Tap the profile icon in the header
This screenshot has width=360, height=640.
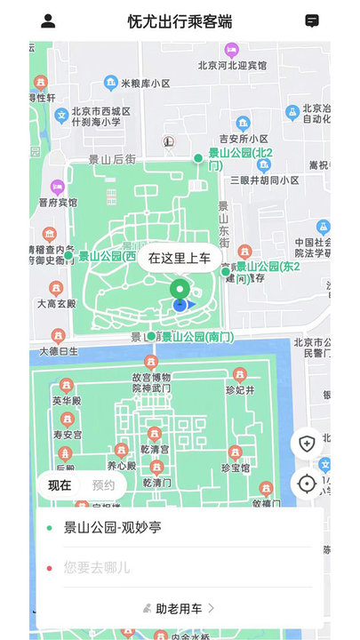(x=48, y=21)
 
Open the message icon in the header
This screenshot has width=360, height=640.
(x=312, y=21)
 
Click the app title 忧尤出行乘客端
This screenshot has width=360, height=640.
(x=180, y=21)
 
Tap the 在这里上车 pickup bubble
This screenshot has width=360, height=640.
(x=180, y=259)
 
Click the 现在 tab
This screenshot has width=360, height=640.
(x=60, y=485)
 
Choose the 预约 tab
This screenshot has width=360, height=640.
(x=104, y=485)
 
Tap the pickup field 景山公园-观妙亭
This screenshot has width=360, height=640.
(x=113, y=527)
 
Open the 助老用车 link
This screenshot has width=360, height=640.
(x=180, y=608)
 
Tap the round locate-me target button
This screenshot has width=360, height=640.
(x=307, y=484)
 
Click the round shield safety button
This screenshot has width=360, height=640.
(x=307, y=443)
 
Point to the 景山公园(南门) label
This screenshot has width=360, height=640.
(x=197, y=337)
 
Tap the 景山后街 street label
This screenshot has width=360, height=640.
(x=112, y=159)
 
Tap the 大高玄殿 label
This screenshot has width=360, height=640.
(x=59, y=304)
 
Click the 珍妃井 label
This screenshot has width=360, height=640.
(x=238, y=390)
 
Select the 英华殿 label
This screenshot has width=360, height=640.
(x=67, y=401)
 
